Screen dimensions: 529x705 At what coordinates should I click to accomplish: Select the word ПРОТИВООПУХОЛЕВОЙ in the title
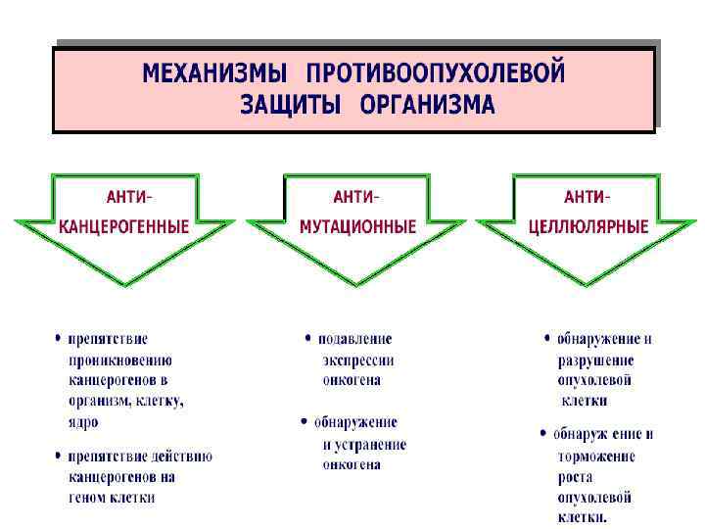pos(436,74)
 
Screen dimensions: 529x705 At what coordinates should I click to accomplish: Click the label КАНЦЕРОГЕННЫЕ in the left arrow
pos(124,226)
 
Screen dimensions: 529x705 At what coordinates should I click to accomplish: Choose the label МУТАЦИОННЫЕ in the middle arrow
pos(358,226)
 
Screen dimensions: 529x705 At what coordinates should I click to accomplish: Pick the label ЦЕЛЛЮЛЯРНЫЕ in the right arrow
pos(588,226)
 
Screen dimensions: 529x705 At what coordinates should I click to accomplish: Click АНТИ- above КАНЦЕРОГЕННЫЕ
pos(129,194)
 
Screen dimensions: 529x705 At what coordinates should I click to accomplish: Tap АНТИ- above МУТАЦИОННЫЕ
pos(356,194)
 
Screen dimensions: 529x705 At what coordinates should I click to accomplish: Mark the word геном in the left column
pos(87,497)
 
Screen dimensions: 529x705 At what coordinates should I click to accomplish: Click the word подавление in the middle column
pos(353,339)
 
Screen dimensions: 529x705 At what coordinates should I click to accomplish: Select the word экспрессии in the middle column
pos(358,360)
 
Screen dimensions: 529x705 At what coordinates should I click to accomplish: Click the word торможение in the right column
pos(596,456)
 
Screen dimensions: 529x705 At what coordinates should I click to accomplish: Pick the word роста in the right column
pos(575,476)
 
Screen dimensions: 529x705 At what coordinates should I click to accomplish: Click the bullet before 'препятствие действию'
pos(57,457)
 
